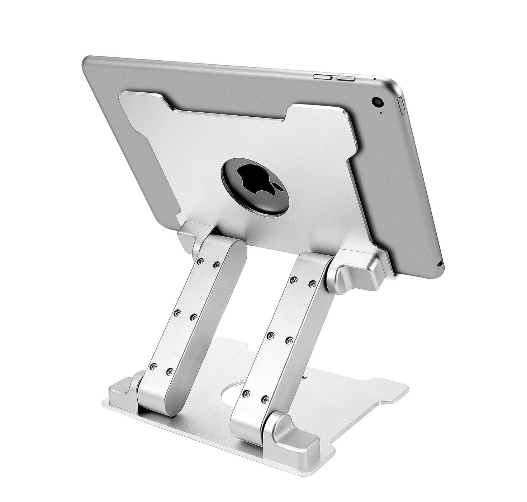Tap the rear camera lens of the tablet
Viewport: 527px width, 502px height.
(378, 102)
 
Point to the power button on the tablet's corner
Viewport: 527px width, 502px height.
(402, 105)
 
